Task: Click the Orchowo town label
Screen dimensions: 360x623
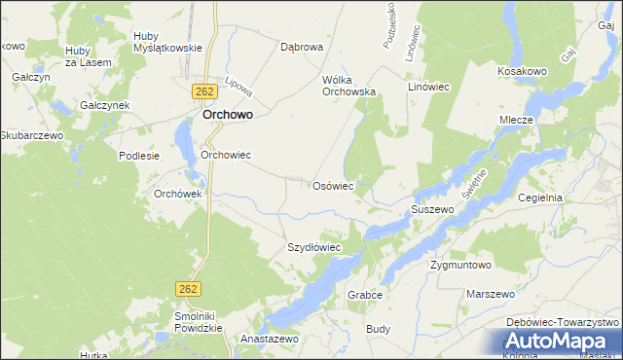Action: coord(228,114)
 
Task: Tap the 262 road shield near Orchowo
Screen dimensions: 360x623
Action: coord(203,91)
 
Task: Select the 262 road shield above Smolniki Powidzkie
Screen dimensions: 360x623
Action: coord(189,289)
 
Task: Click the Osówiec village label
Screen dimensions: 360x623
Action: coord(332,185)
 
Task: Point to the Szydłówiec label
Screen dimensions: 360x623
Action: coord(313,247)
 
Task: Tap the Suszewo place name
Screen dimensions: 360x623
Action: coord(432,209)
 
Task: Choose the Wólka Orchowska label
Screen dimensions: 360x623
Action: coord(348,86)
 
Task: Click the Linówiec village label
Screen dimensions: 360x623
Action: coord(428,87)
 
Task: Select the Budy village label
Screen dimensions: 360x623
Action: coord(378,329)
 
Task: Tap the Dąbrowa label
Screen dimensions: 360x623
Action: coord(301,46)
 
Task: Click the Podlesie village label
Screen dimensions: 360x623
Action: coord(138,156)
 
